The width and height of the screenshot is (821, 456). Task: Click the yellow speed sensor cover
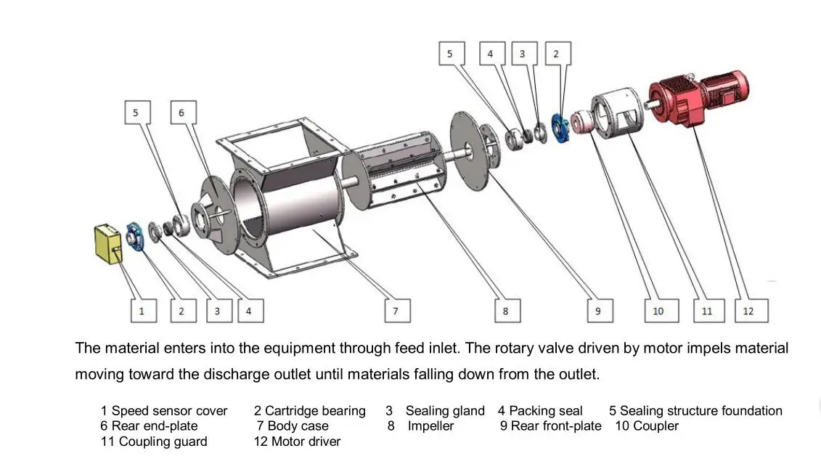coord(108,244)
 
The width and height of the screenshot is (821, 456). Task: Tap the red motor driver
coord(698,98)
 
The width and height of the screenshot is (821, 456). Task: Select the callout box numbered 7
coord(398,311)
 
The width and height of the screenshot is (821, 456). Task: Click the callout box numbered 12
coord(751,311)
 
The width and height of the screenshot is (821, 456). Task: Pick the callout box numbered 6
coord(183,113)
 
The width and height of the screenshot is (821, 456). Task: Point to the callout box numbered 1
coord(144,311)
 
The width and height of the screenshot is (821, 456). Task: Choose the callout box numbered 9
coord(600,311)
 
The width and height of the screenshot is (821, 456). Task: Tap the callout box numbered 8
coord(508,311)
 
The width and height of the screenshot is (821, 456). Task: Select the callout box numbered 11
coord(709,311)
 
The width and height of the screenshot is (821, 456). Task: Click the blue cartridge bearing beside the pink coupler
coord(561,129)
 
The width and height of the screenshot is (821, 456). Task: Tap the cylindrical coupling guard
coord(617,113)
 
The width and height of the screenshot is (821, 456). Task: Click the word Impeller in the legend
coord(430,426)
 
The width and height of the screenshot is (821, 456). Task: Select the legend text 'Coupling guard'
coord(163,441)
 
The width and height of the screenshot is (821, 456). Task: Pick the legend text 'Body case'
coord(298,426)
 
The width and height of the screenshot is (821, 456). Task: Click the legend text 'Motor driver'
coord(306,441)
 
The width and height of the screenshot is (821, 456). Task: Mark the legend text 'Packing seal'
coord(546,410)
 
